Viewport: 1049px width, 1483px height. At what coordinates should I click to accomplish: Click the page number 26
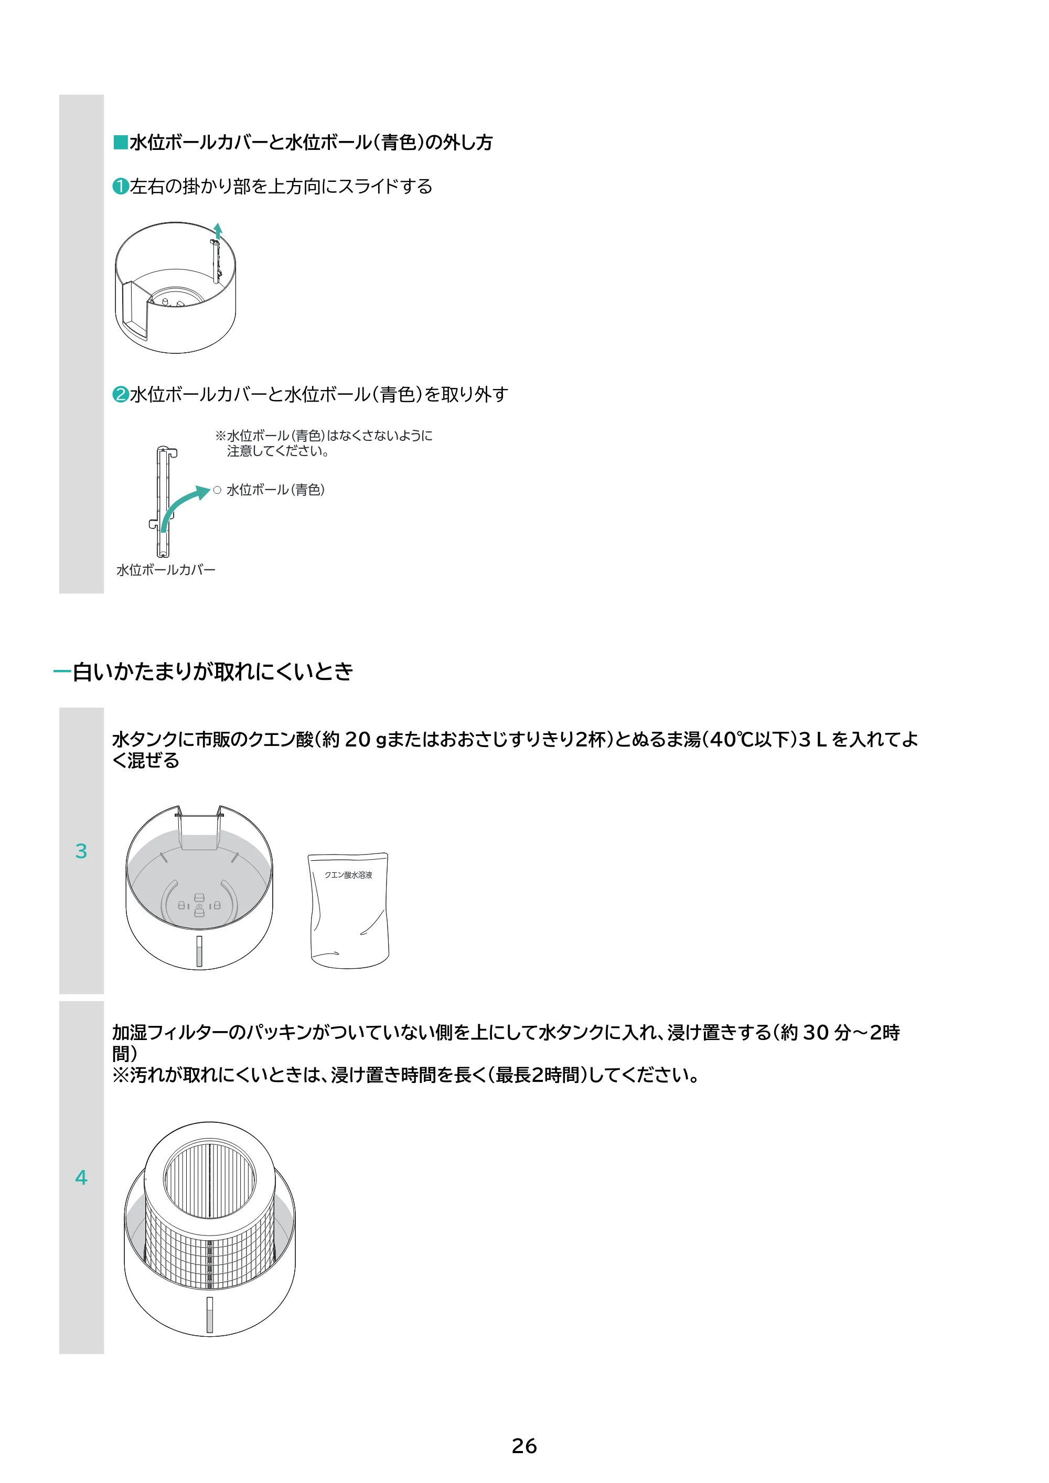[x=524, y=1446]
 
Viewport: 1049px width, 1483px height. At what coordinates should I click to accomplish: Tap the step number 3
[x=81, y=851]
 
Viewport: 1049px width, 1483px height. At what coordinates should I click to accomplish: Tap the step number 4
[x=81, y=1177]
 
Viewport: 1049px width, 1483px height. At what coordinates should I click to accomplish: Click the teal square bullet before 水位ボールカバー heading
[x=120, y=142]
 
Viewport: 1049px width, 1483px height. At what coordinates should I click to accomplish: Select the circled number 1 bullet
[x=120, y=186]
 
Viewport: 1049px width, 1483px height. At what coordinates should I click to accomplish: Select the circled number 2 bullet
[x=120, y=394]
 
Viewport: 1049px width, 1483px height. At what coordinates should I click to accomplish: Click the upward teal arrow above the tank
[x=219, y=231]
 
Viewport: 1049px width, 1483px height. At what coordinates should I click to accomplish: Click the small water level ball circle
[x=217, y=490]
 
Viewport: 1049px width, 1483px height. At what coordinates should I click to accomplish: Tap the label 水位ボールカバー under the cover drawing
[x=165, y=570]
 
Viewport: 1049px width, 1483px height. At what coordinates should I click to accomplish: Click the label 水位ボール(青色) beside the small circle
[x=275, y=490]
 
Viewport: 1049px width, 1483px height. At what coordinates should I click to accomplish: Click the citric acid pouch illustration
[x=349, y=911]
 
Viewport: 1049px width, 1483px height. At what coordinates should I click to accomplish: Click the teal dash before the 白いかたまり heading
[x=62, y=672]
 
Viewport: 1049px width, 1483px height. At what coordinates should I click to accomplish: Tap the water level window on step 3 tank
[x=199, y=951]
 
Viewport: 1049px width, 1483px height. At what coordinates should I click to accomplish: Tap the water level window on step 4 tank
[x=209, y=1314]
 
